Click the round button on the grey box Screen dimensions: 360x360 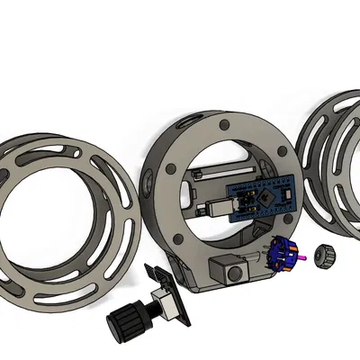(x=236, y=271)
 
